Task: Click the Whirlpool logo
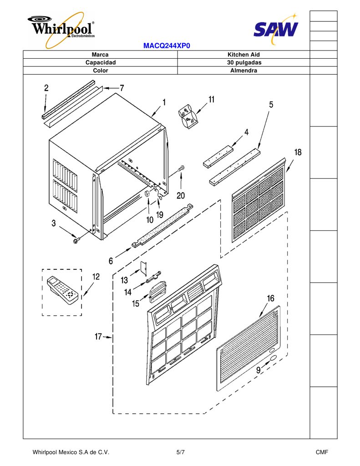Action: click(x=61, y=30)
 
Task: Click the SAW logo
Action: click(x=275, y=28)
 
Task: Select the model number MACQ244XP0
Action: click(x=167, y=46)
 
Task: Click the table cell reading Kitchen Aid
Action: click(x=243, y=55)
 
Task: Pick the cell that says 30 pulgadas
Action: click(x=243, y=62)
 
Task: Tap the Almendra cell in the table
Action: click(x=243, y=71)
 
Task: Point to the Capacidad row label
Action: click(x=100, y=62)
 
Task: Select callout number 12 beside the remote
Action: click(x=96, y=277)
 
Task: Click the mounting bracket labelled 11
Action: click(x=188, y=116)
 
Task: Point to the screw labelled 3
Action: click(x=76, y=239)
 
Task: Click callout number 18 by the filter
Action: click(x=298, y=152)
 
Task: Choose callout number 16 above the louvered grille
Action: click(x=270, y=299)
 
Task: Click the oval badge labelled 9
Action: click(x=273, y=359)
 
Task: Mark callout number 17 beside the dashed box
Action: click(x=98, y=336)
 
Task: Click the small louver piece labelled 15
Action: click(x=157, y=292)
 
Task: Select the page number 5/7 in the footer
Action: click(x=180, y=452)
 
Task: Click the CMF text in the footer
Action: click(x=322, y=452)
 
